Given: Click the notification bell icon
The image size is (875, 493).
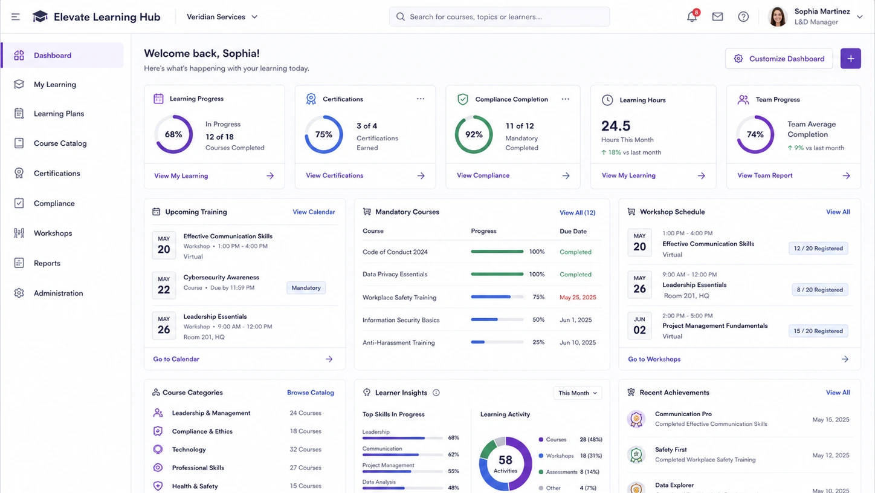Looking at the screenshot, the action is pyautogui.click(x=692, y=16).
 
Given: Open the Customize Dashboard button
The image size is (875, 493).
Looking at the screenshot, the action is pyautogui.click(x=779, y=59).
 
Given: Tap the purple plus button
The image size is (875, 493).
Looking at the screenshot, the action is pyautogui.click(x=850, y=59).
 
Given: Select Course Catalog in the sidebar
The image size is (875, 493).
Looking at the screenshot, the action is pyautogui.click(x=60, y=143).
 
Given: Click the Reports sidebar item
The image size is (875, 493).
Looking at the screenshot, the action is pyautogui.click(x=47, y=263).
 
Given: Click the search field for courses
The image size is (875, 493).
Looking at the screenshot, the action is pyautogui.click(x=499, y=16).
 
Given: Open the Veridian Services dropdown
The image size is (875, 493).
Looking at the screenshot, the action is pyautogui.click(x=222, y=17).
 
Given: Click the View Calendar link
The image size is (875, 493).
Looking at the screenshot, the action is pyautogui.click(x=314, y=212).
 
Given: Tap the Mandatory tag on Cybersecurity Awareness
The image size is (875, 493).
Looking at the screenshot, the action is pyautogui.click(x=306, y=288).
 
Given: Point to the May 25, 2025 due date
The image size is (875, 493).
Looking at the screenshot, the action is pyautogui.click(x=578, y=297).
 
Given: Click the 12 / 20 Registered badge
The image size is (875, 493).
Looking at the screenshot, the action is pyautogui.click(x=818, y=248).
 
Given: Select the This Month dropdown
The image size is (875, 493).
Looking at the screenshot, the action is pyautogui.click(x=577, y=393).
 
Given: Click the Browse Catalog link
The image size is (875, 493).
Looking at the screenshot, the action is pyautogui.click(x=310, y=393).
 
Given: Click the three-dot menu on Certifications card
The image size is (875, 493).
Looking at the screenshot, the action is pyautogui.click(x=421, y=99).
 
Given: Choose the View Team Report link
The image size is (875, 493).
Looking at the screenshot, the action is pyautogui.click(x=764, y=175).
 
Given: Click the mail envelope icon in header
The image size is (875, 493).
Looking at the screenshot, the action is pyautogui.click(x=717, y=16).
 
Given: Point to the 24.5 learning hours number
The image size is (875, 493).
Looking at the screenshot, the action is pyautogui.click(x=616, y=126).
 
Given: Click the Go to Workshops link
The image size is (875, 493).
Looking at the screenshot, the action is pyautogui.click(x=654, y=359).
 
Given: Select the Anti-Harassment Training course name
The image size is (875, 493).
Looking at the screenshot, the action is pyautogui.click(x=398, y=342).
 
